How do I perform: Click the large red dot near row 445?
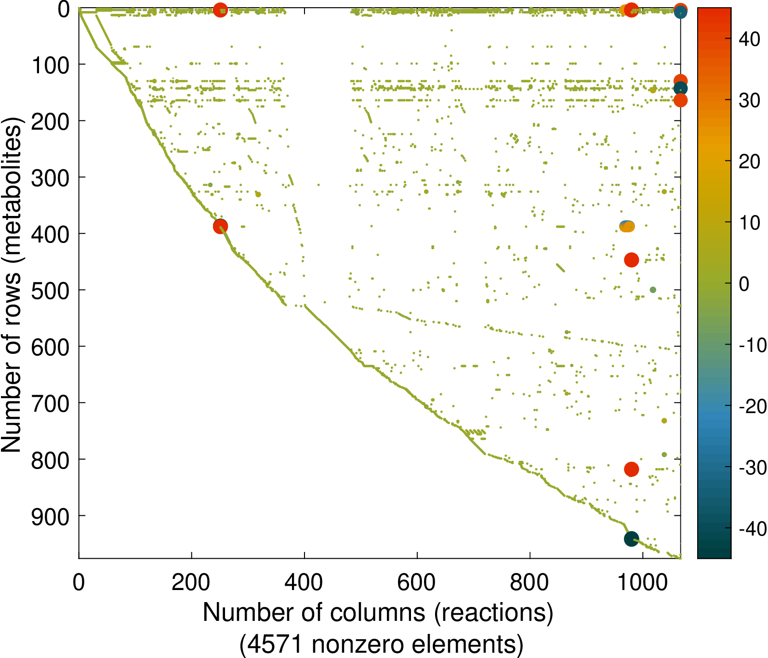(x=631, y=260)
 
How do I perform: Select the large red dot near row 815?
(x=631, y=469)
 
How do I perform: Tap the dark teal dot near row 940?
(x=631, y=539)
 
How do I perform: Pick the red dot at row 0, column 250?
(x=220, y=10)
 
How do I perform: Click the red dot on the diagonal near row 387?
(x=221, y=227)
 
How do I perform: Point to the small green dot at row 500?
(x=653, y=290)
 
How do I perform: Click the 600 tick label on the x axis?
(x=416, y=582)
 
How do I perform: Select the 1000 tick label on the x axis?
(x=643, y=582)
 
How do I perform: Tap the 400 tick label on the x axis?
(x=304, y=582)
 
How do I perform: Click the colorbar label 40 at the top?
(x=749, y=39)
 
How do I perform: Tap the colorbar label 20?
(x=749, y=161)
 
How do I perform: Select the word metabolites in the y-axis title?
(x=12, y=193)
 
